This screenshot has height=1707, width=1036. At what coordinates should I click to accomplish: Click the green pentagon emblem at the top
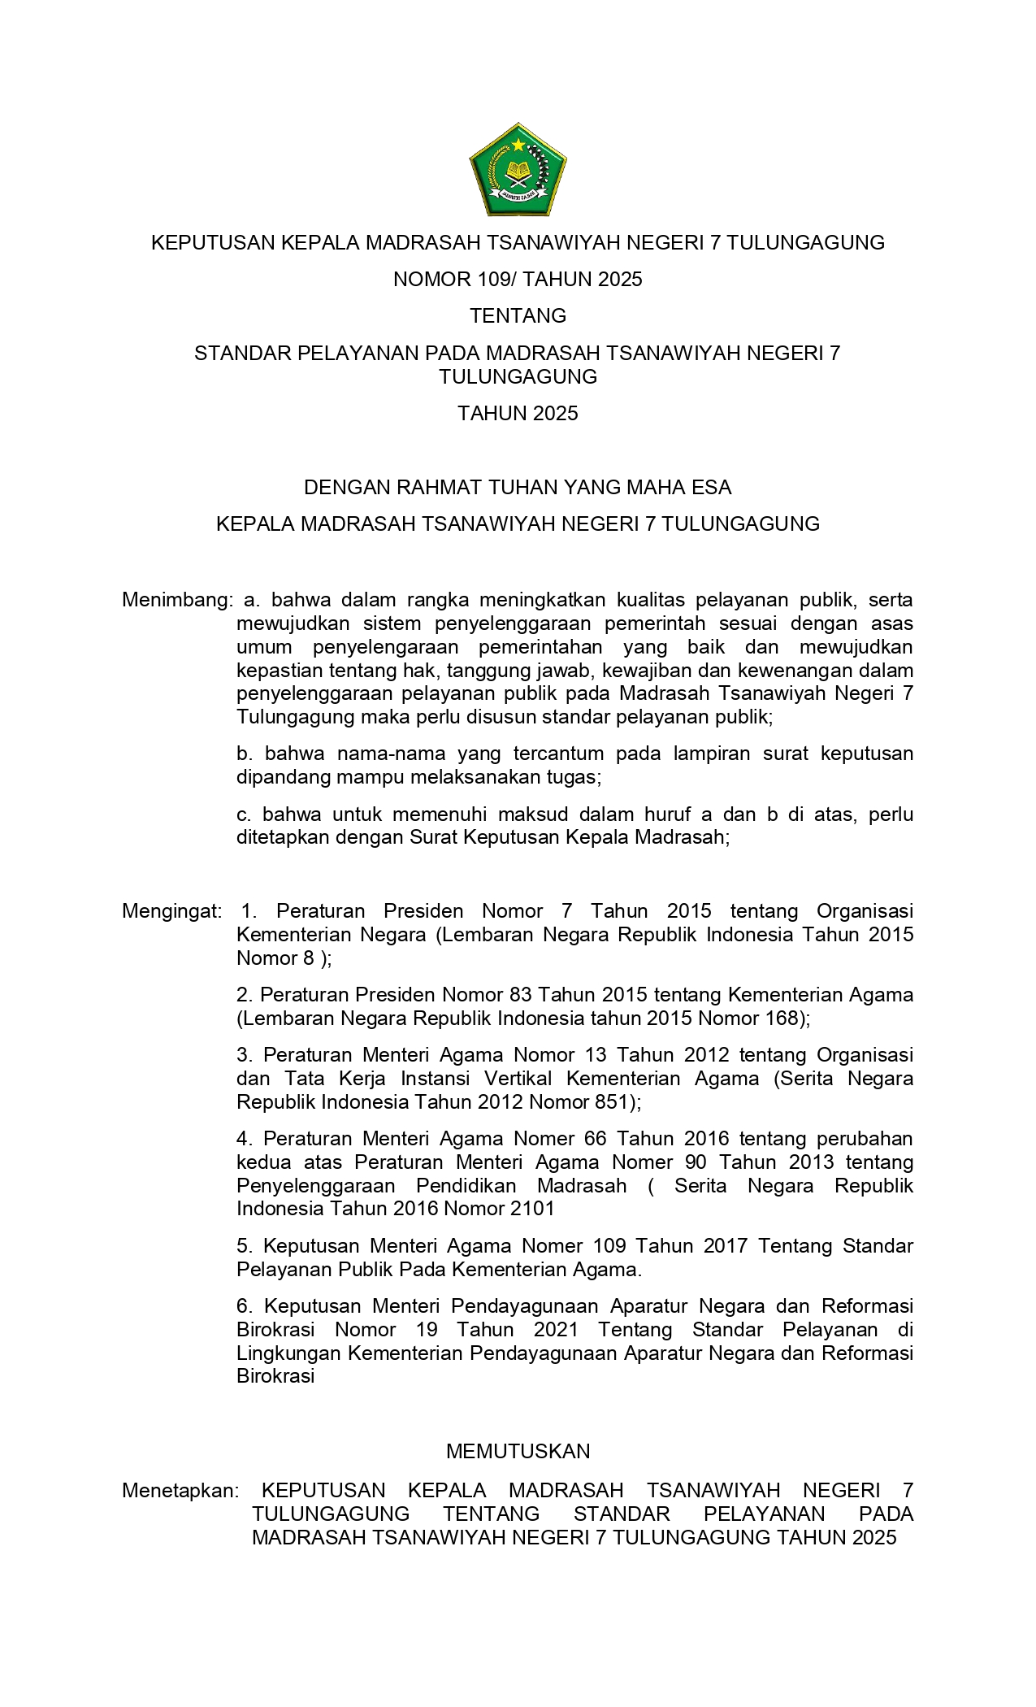point(518,170)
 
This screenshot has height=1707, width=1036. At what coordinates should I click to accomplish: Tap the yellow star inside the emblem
point(518,146)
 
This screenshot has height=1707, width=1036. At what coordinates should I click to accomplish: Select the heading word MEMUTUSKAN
point(518,1451)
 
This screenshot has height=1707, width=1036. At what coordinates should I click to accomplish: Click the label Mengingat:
point(171,910)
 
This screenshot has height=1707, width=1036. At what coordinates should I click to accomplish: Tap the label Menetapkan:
point(180,1490)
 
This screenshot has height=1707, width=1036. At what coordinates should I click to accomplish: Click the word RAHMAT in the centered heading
point(440,487)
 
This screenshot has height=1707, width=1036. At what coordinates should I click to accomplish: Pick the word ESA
point(712,487)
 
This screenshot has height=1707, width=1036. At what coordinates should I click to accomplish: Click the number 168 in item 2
point(782,1018)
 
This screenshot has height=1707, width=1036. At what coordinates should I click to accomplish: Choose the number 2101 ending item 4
point(532,1208)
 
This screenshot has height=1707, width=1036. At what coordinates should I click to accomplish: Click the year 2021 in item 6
point(556,1329)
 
